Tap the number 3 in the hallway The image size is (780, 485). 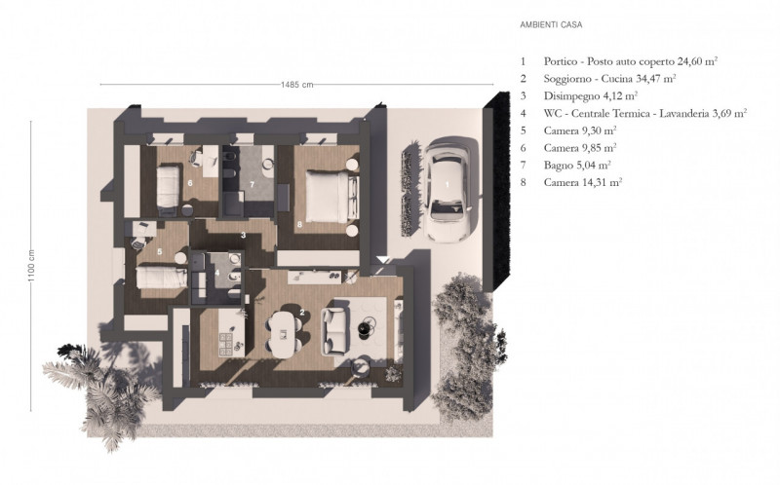243,235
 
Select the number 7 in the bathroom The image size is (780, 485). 252,183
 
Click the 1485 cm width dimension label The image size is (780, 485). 294,85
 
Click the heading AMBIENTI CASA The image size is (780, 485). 554,22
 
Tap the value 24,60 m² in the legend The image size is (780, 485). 691,60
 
